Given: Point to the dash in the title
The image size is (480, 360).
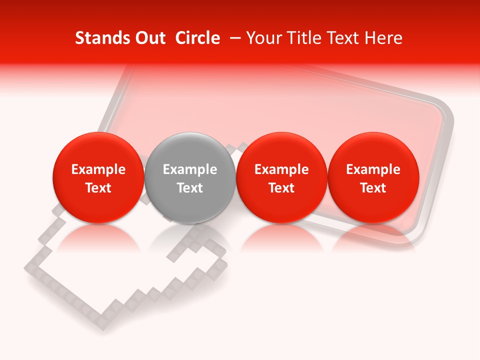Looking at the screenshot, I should pyautogui.click(x=233, y=38).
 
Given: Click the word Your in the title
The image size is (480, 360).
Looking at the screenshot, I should pyautogui.click(x=262, y=38).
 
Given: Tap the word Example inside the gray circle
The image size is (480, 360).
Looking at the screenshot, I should pyautogui.click(x=189, y=169).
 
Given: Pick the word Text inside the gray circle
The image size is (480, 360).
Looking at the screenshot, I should pyautogui.click(x=189, y=188).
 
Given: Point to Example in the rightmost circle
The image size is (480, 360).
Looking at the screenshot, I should pyautogui.click(x=373, y=169).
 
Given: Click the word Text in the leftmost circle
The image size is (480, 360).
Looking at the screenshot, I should pyautogui.click(x=98, y=188).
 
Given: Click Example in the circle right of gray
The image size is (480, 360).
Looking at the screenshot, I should pyautogui.click(x=281, y=169).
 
